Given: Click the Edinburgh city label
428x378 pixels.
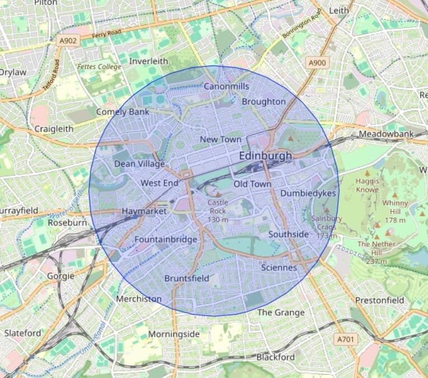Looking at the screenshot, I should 265,156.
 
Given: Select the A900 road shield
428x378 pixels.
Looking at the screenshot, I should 316,63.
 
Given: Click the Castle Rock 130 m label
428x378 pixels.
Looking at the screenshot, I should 217,211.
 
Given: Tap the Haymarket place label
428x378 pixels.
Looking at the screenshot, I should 144,212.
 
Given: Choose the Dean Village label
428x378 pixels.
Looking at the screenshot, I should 139,164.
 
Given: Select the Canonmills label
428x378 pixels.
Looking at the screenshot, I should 226,87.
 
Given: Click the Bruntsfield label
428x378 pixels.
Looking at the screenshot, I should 187,278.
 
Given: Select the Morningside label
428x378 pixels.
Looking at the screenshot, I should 174,334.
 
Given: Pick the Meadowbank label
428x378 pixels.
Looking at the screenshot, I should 386,134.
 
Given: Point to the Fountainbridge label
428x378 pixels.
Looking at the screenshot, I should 166,240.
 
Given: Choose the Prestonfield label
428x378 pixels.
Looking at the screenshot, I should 379,300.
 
